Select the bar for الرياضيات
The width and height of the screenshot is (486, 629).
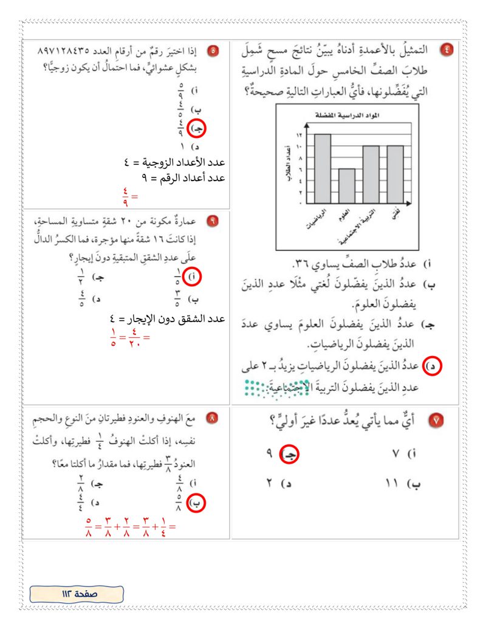[322, 169]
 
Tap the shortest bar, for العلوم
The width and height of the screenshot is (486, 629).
[346, 186]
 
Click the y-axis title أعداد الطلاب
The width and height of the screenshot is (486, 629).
[286, 167]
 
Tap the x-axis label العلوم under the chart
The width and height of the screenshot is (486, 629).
[343, 216]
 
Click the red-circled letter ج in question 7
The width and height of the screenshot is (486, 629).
[290, 454]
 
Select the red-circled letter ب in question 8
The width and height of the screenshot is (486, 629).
[196, 504]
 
